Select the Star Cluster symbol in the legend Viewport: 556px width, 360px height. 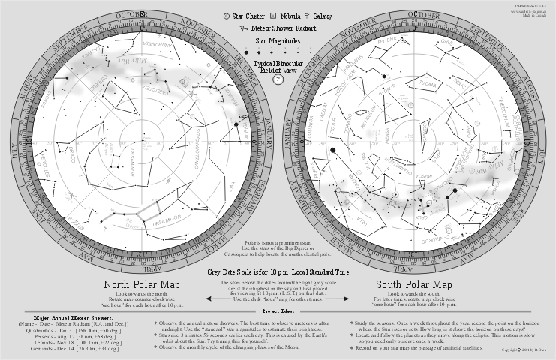pyautogui.click(x=227, y=15)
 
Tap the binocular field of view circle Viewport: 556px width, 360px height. pyautogui.click(x=278, y=78)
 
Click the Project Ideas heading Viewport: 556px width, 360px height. pyautogui.click(x=277, y=310)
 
